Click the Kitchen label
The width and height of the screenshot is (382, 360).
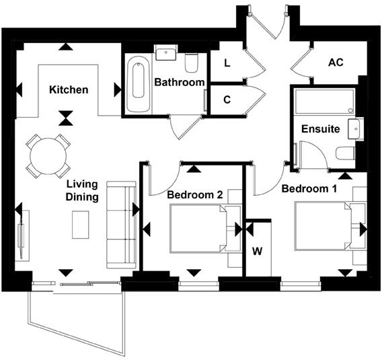[x=68, y=89]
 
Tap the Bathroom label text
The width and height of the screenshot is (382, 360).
[x=179, y=82]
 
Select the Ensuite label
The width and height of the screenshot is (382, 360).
[x=320, y=129]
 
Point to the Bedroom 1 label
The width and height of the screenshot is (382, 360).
[x=309, y=188]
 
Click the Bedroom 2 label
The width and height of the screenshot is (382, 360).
[x=195, y=194]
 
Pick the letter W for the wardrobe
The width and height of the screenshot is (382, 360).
[x=258, y=252]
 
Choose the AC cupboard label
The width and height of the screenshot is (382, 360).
[x=336, y=62]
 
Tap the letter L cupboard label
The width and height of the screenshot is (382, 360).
[x=227, y=64]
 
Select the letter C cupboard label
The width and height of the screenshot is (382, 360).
[x=227, y=100]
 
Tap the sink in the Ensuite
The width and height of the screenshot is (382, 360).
[x=354, y=128]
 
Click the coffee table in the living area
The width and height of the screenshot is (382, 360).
[x=81, y=225]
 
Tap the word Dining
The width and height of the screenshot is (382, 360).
[x=83, y=197]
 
